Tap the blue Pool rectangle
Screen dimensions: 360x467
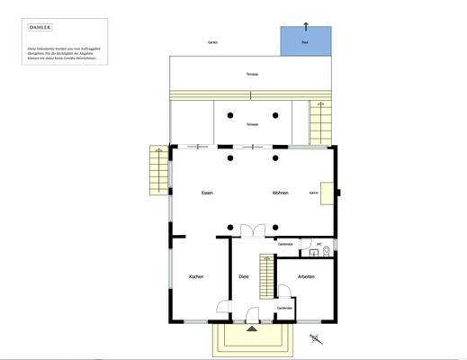305,40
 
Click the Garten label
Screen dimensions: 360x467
212,42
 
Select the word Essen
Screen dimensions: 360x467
207,193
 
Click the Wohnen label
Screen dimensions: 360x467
279,193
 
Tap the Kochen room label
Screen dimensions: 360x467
196,276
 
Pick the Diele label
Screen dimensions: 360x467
243,276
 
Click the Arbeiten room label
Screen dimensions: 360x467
306,276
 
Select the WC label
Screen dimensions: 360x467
319,244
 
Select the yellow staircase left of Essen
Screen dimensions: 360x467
157,169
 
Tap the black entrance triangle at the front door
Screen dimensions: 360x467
250,330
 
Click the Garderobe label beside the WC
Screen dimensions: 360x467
286,244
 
